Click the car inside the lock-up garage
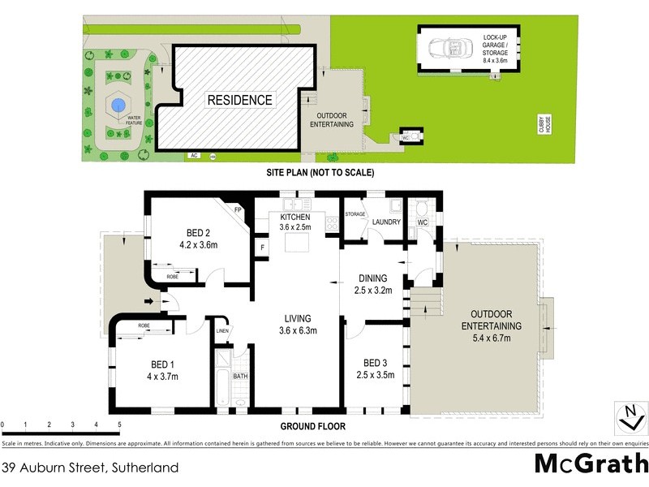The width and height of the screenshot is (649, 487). click(x=444, y=50)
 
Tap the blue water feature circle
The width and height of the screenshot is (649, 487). click(x=118, y=105)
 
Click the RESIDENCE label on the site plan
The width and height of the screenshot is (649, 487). click(x=239, y=100)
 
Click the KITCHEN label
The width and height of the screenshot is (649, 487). click(x=296, y=218)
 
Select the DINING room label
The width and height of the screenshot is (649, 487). click(x=371, y=278)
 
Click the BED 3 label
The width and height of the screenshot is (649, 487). click(x=374, y=363)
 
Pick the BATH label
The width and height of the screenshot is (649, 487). click(x=240, y=377)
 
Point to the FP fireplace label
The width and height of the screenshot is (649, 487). click(x=238, y=210)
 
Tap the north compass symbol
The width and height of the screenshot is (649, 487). click(x=628, y=416)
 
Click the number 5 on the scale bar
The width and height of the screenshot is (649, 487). click(x=119, y=425)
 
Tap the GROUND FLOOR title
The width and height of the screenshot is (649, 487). click(x=313, y=426)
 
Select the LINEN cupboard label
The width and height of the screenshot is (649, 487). click(x=222, y=330)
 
